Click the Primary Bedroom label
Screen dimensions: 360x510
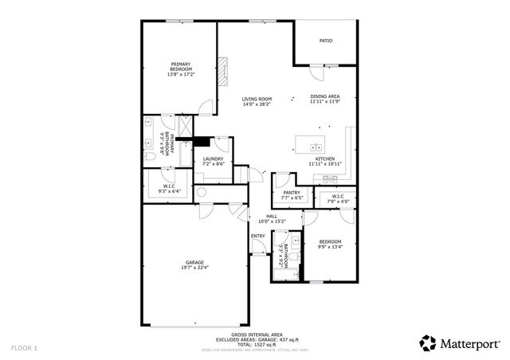181,65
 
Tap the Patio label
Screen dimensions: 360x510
326,40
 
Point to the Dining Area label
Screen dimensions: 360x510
325,96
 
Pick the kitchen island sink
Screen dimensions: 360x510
316,147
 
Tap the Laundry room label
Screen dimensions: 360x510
213,158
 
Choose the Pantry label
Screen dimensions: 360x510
292,192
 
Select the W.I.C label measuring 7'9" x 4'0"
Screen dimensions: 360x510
337,197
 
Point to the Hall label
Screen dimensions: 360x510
273,215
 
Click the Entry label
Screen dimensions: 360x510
258,236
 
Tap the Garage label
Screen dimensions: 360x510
195,262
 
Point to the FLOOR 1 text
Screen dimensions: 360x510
24,348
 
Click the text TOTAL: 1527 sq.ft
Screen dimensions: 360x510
254,344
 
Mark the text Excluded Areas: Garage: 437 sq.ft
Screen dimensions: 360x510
254,339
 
